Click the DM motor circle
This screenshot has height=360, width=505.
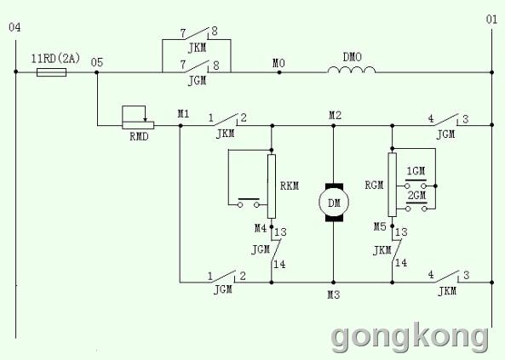click(x=334, y=203)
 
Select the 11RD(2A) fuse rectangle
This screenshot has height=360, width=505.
click(x=52, y=72)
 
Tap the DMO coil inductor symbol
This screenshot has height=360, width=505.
click(x=352, y=70)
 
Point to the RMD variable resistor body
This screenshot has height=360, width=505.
click(x=138, y=125)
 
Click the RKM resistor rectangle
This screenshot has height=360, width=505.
click(x=272, y=186)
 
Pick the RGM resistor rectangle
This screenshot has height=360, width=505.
click(x=393, y=185)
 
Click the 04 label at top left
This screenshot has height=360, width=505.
click(x=14, y=28)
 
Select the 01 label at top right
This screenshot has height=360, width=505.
click(x=491, y=20)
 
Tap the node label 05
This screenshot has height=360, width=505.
click(x=97, y=62)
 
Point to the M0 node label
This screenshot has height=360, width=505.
click(x=279, y=64)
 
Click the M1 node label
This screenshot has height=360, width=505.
click(x=184, y=114)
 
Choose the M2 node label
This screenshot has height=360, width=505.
click(x=335, y=115)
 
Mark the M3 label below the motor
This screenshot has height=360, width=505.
click(x=334, y=294)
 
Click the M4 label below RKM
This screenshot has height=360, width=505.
click(x=261, y=228)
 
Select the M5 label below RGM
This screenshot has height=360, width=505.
click(x=380, y=226)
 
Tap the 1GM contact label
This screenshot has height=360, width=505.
click(x=416, y=171)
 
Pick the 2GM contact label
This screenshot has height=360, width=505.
click(x=416, y=195)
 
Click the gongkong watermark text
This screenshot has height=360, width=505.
click(x=410, y=338)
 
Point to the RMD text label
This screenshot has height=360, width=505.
click(x=139, y=137)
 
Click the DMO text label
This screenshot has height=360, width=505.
click(x=353, y=57)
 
